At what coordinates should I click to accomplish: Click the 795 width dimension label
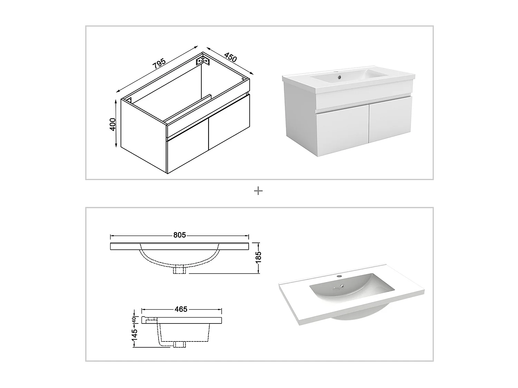(159, 63)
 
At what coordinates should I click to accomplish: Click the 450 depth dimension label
(230, 57)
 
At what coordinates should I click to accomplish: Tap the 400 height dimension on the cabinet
(113, 125)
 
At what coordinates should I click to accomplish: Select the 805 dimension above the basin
(180, 235)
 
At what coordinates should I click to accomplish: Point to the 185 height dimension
(258, 257)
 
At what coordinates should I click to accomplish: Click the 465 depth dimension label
(181, 309)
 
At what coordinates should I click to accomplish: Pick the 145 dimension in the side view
(134, 335)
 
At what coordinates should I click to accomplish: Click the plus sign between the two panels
(258, 191)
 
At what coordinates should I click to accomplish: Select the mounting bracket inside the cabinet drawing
(203, 60)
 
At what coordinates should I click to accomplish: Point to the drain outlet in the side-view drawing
(180, 344)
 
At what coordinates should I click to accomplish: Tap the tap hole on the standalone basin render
(339, 276)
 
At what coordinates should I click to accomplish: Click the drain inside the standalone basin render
(342, 286)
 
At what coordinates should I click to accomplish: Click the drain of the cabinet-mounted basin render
(339, 77)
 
